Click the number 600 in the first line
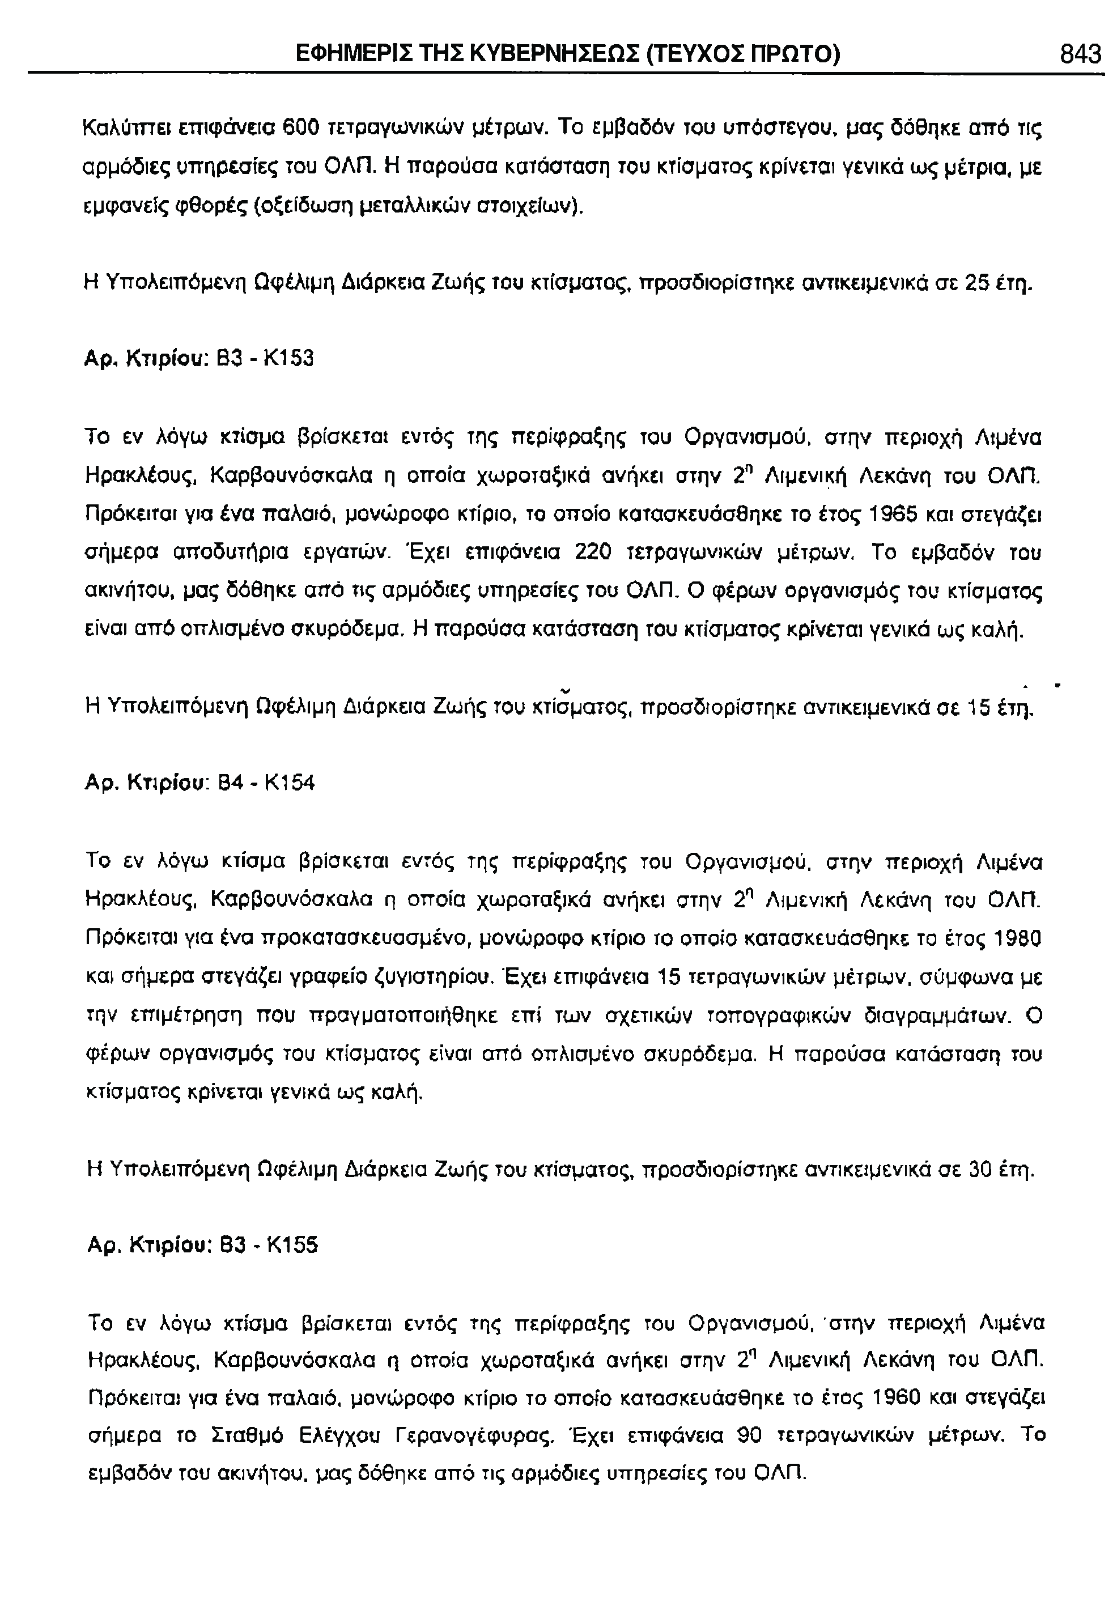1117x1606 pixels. click(x=301, y=128)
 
